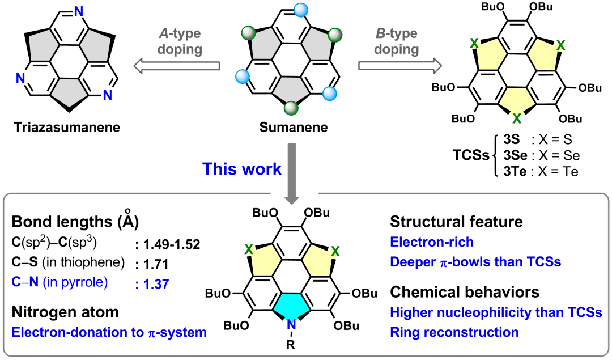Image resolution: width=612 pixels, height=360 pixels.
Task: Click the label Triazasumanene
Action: coord(67,127)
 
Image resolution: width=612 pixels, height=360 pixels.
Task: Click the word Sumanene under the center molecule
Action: coord(294,127)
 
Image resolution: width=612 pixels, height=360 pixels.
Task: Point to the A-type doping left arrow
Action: coord(176,67)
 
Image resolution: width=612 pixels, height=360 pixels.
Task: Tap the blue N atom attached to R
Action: coord(291,325)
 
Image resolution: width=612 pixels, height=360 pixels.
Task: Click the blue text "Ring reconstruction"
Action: coord(454,332)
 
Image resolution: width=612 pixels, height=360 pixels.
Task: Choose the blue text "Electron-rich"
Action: coord(432,242)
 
